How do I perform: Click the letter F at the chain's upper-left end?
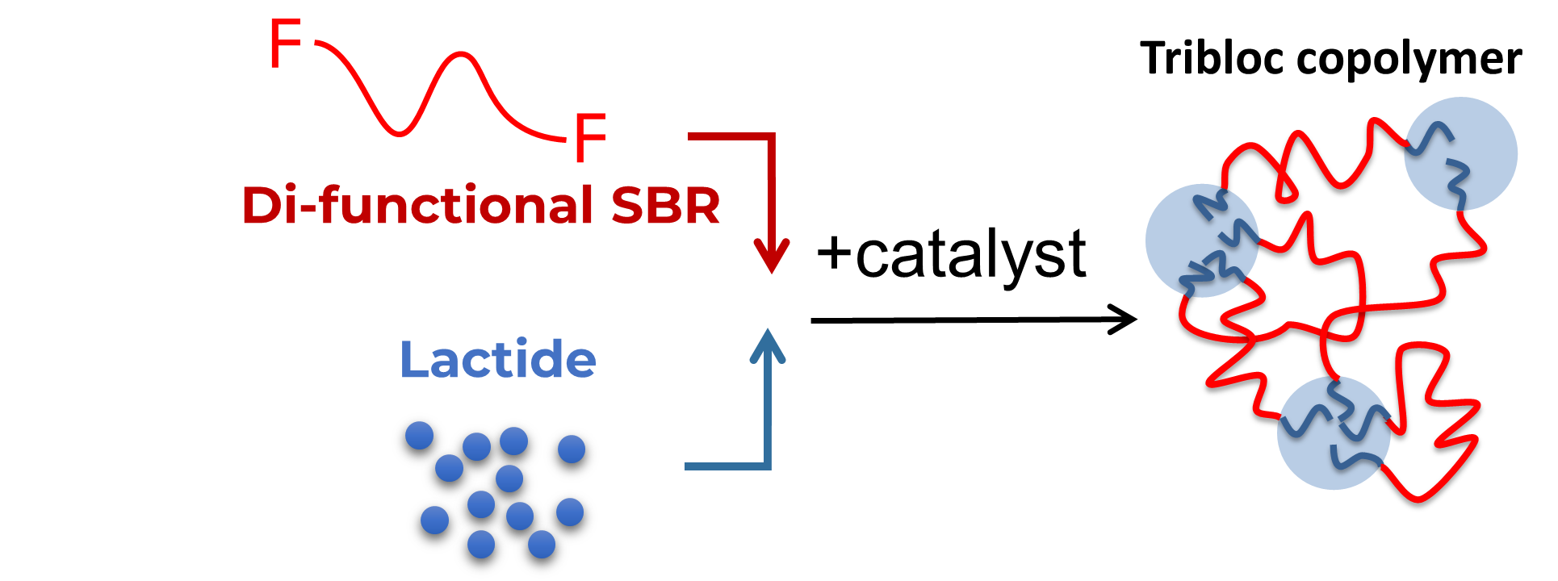pos(285,44)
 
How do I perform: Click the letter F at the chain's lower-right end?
pos(589,137)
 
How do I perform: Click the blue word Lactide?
pos(498,359)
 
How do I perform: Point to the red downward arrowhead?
pos(772,256)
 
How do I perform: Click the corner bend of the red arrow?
pos(771,138)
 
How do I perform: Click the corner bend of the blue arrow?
pos(768,465)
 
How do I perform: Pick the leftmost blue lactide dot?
pos(419,435)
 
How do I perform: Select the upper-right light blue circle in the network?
pos(1460,153)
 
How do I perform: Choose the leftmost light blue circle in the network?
pos(1202,240)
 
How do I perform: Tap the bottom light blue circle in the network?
pos(1334,433)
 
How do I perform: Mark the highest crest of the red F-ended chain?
pos(461,54)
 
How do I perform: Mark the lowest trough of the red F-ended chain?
pos(398,133)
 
